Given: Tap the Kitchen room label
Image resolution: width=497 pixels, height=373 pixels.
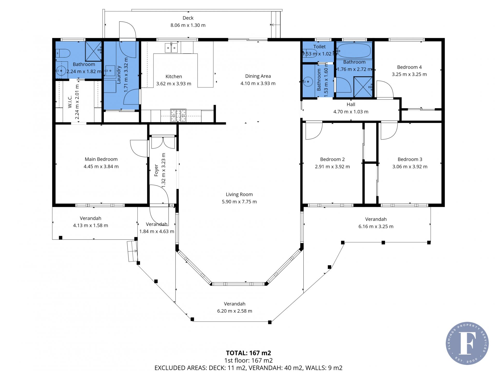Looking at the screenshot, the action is pyautogui.click(x=174, y=76).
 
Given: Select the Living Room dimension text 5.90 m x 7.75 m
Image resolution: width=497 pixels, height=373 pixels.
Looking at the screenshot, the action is pyautogui.click(x=239, y=202).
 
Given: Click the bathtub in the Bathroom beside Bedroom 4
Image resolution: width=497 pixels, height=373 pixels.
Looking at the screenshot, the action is pyautogui.click(x=354, y=50).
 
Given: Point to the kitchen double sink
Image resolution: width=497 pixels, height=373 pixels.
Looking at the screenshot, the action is pyautogui.click(x=171, y=48).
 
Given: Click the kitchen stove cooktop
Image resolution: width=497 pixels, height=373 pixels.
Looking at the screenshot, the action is pyautogui.click(x=178, y=115).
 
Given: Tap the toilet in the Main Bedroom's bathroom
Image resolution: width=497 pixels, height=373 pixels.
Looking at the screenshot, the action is pyautogui.click(x=63, y=53).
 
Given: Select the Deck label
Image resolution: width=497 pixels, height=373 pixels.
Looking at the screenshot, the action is pyautogui.click(x=188, y=18).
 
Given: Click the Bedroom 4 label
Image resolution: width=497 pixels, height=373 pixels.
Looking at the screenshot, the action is pyautogui.click(x=409, y=67).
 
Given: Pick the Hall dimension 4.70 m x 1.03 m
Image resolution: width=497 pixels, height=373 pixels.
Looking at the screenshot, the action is pyautogui.click(x=351, y=112).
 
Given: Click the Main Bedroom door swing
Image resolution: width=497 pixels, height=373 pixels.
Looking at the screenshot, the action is pyautogui.click(x=139, y=149).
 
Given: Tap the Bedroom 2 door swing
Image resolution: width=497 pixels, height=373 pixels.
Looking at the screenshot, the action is pyautogui.click(x=314, y=131).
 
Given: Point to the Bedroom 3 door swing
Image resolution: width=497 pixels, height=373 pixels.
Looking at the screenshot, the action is pyautogui.click(x=389, y=131).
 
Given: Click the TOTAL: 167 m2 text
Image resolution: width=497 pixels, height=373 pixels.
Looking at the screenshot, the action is pyautogui.click(x=248, y=353).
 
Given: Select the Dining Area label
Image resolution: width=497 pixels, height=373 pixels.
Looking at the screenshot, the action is pyautogui.click(x=258, y=76).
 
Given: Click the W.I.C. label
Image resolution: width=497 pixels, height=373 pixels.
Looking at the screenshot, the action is pyautogui.click(x=70, y=102).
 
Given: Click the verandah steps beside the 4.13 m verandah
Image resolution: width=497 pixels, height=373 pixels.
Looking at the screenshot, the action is pyautogui.click(x=132, y=251).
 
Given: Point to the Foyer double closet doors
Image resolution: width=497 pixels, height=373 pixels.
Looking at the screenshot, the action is pyautogui.click(x=163, y=143).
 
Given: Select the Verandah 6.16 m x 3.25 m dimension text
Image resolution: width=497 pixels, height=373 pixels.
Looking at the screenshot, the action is pyautogui.click(x=376, y=226).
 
